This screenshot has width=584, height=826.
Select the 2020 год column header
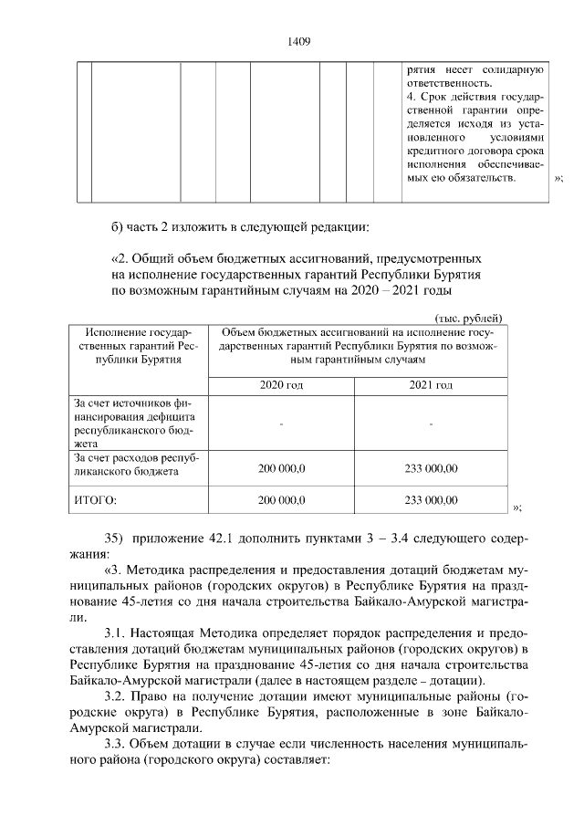[x=281, y=386]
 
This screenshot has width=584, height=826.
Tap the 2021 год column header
[x=429, y=386]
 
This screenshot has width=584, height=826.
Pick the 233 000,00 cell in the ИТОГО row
[x=430, y=500]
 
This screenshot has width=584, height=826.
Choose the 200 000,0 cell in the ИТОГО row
[x=281, y=500]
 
